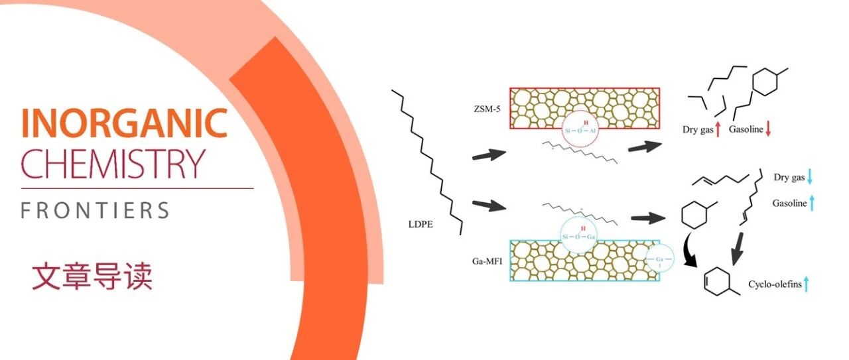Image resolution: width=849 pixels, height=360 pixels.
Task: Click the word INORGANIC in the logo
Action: (124, 124)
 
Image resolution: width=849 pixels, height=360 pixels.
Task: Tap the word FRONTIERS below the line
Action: (95, 211)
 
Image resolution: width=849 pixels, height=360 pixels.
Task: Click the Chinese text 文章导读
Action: (92, 276)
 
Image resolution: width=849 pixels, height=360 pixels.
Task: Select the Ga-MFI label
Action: (481, 261)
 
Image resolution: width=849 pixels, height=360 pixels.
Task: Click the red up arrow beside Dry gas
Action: (718, 130)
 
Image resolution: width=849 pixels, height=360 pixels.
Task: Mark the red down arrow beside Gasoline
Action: (768, 130)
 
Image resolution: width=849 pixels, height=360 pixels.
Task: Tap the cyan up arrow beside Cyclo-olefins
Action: (807, 284)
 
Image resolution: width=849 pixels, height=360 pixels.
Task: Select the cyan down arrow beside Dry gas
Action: (810, 177)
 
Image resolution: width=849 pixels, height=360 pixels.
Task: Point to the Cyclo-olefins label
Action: (775, 285)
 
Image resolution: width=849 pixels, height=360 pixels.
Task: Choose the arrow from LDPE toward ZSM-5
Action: (488, 156)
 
